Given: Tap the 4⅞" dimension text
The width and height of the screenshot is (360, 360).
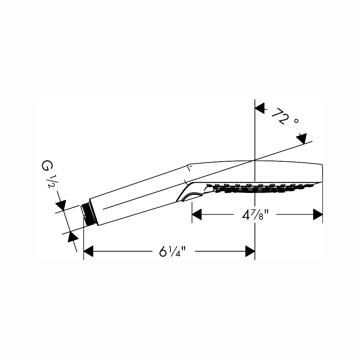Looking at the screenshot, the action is click(255, 215).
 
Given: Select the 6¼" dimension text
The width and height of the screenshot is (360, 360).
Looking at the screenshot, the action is click(172, 251).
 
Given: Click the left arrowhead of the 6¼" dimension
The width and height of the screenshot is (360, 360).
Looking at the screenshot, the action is click(89, 251).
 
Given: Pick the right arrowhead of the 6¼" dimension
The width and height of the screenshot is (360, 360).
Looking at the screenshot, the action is click(250, 251).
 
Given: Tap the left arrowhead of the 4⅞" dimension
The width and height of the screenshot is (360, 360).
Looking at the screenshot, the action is click(197, 215).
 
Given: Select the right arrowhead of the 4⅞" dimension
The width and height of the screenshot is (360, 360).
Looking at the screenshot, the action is click(318, 215).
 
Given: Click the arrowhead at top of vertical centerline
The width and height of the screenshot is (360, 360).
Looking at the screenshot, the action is click(260, 108).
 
